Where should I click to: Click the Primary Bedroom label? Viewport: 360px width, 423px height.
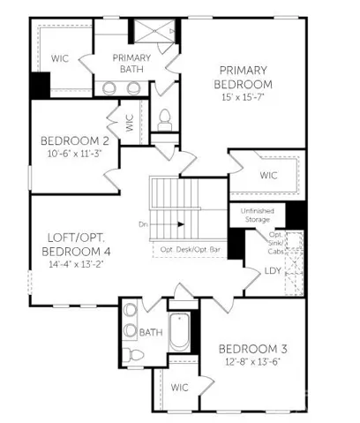pos(243,78)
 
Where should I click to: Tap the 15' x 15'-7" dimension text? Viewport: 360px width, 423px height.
pos(243,97)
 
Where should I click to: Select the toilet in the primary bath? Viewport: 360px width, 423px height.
pos(165,120)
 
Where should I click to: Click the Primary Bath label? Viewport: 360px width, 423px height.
pos(131,64)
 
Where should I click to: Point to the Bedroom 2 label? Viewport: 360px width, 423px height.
pos(75,141)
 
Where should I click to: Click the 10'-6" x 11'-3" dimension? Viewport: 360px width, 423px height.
pos(75,154)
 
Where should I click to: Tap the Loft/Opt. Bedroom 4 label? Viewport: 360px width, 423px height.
pos(76,245)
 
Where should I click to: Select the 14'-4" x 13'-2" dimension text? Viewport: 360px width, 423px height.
pos(75,264)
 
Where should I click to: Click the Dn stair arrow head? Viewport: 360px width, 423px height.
pos(181,224)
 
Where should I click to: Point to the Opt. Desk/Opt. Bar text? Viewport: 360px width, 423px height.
pos(190,250)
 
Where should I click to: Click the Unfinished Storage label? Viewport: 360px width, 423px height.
pos(258,215)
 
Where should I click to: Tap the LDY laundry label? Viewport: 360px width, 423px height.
pos(273,271)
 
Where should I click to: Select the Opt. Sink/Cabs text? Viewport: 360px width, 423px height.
pos(276,243)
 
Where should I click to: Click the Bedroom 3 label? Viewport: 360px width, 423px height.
pos(253,349)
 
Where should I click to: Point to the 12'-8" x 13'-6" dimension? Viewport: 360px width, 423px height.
pos(252,362)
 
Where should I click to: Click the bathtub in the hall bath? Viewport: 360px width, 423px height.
pos(179,332)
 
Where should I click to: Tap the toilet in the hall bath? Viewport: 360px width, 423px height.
pos(133,355)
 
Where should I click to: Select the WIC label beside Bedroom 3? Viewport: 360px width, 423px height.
pos(179,388)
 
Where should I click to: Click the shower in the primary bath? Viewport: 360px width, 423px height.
pos(154,31)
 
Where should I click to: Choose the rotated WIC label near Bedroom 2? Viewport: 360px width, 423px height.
pos(130,123)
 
